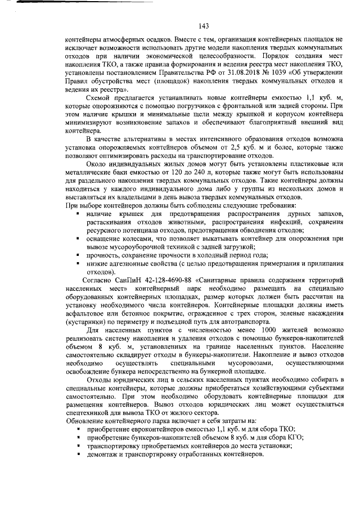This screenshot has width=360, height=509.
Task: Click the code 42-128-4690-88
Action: (170, 280)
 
